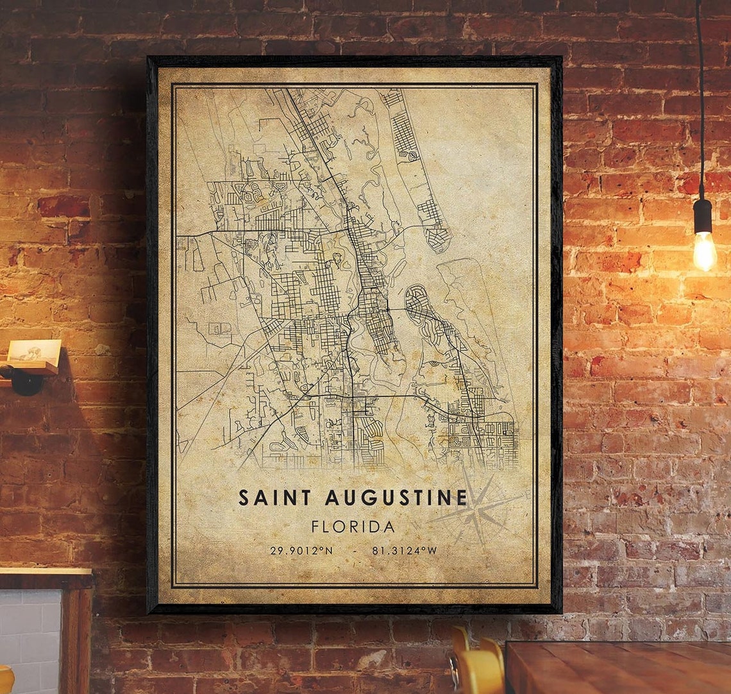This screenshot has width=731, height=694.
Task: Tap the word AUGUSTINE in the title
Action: [396, 497]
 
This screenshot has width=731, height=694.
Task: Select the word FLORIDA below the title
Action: [353, 527]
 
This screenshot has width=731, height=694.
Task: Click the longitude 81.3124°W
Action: [403, 550]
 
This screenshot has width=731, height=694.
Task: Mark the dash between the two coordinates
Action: [354, 550]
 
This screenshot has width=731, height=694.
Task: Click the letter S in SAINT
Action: [244, 497]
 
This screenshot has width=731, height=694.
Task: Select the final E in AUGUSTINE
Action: [462, 497]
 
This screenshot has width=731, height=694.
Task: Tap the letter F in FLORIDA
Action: [315, 527]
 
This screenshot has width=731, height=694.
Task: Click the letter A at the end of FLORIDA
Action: [389, 527]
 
